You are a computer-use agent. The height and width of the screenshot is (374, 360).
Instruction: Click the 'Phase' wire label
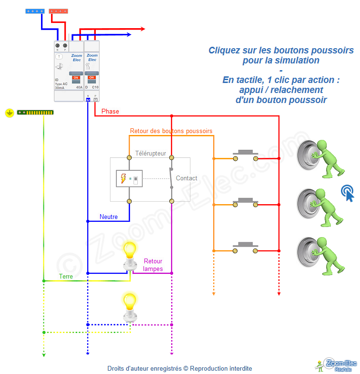tap(110, 112)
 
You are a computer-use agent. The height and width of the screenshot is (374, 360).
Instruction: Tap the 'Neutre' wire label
tap(108, 217)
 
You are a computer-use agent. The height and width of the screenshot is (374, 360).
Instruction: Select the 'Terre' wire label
tap(66, 276)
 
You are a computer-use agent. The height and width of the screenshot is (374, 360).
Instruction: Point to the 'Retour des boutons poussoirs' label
tap(171, 131)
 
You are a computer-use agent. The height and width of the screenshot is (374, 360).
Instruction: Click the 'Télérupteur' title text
tap(151, 154)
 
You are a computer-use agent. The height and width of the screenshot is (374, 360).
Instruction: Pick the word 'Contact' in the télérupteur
tap(186, 178)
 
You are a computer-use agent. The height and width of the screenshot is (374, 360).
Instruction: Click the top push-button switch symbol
tap(245, 155)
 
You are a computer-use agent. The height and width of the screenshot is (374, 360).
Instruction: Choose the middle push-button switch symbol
tap(245, 202)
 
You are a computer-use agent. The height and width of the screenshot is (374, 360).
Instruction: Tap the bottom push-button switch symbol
tap(245, 247)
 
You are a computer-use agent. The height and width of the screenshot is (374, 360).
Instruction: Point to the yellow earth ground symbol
tap(9, 113)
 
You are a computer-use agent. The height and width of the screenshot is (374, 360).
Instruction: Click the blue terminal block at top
tap(36, 10)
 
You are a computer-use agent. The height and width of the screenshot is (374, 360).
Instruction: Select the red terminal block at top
tap(59, 10)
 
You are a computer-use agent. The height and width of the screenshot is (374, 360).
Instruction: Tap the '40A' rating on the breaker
tap(79, 88)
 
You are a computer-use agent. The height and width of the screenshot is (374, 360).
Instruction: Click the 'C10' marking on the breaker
tap(95, 88)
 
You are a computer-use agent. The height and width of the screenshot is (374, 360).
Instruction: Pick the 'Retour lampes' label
tap(153, 265)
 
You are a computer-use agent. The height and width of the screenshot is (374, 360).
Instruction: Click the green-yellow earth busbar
tap(35, 113)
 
